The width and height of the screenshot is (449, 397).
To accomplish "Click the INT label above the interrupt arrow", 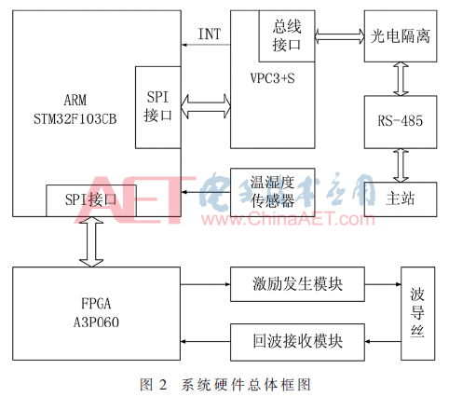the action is pyautogui.click(x=210, y=34).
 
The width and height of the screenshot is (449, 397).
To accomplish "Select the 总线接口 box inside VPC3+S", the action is pyautogui.click(x=287, y=36).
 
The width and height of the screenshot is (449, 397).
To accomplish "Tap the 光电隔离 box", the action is pyautogui.click(x=401, y=36).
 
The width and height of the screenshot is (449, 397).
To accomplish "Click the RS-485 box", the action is pyautogui.click(x=401, y=122).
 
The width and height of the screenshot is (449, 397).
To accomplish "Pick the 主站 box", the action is pyautogui.click(x=401, y=199).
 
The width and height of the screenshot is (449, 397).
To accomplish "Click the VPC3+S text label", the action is pyautogui.click(x=272, y=78).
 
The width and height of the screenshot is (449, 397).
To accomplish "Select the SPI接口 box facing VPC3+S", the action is pyautogui.click(x=158, y=107).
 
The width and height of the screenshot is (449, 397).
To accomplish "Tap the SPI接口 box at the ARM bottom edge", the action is pyautogui.click(x=91, y=200).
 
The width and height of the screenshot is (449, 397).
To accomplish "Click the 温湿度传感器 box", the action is pyautogui.click(x=272, y=192).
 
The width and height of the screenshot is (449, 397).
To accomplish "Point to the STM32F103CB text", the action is pyautogui.click(x=75, y=119).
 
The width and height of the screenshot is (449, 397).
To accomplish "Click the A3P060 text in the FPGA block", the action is pyautogui.click(x=96, y=322).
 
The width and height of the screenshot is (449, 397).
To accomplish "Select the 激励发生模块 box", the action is pyautogui.click(x=297, y=284).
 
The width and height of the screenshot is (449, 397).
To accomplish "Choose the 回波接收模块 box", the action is pyautogui.click(x=297, y=342).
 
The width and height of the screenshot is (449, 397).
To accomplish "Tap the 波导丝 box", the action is pyautogui.click(x=417, y=313).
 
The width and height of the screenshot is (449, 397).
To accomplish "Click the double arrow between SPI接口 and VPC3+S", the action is pyautogui.click(x=206, y=106).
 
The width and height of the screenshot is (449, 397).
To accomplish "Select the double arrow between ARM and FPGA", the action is pyautogui.click(x=91, y=241).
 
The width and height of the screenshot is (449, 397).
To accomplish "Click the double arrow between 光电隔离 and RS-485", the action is pyautogui.click(x=401, y=79).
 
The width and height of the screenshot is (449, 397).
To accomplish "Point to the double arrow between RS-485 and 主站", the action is pyautogui.click(x=401, y=165).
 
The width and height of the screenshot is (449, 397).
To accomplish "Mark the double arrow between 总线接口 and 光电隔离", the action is pyautogui.click(x=340, y=36).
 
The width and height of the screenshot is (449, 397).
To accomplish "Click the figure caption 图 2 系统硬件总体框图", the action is pyautogui.click(x=225, y=385).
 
